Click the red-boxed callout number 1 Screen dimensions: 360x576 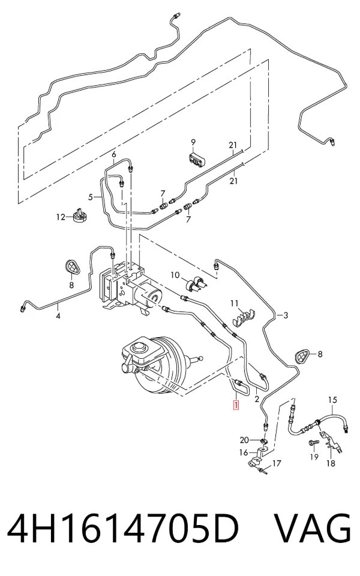235,405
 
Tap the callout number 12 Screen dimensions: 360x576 61,217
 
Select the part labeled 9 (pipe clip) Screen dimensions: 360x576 197,158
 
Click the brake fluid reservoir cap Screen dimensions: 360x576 140,347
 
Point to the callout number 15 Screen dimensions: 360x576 332,400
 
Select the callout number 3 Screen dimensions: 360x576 286,315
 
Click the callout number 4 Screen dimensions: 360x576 58,315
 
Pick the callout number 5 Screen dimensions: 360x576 91,197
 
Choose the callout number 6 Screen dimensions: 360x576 114,154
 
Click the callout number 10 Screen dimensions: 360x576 175,274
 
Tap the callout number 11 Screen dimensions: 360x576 235,304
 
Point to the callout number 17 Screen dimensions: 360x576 277,464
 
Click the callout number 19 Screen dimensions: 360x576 314,457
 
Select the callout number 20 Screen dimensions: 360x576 244,440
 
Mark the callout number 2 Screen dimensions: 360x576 257,398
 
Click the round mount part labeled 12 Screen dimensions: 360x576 80,215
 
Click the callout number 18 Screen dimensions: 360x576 331,463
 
